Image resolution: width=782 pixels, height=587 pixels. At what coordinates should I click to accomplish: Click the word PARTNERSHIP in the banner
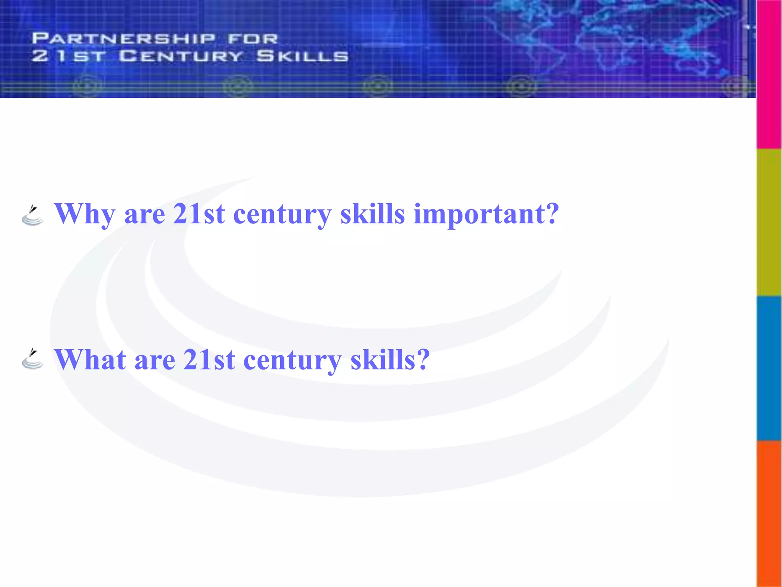click(124, 39)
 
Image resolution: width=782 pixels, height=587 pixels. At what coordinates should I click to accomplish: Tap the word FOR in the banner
click(253, 39)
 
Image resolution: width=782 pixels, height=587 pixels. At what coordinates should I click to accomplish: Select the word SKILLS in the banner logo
click(302, 56)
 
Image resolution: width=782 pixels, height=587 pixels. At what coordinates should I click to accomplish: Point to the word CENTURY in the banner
click(181, 56)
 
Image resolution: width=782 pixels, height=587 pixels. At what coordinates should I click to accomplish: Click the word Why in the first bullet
click(84, 214)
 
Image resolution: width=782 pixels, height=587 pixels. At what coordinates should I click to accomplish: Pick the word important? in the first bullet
click(486, 214)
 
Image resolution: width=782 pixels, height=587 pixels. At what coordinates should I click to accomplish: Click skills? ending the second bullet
click(390, 360)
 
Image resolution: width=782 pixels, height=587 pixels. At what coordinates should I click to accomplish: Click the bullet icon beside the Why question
click(32, 216)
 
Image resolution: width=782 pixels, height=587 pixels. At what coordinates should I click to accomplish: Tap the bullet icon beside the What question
click(32, 359)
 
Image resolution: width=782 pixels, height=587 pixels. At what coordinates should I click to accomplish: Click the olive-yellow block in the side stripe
click(769, 222)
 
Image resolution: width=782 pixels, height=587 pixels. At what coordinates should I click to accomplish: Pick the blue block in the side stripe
click(769, 368)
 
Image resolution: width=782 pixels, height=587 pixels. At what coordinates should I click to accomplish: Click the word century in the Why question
click(282, 214)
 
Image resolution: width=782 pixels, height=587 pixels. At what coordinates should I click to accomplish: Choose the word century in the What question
click(292, 361)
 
